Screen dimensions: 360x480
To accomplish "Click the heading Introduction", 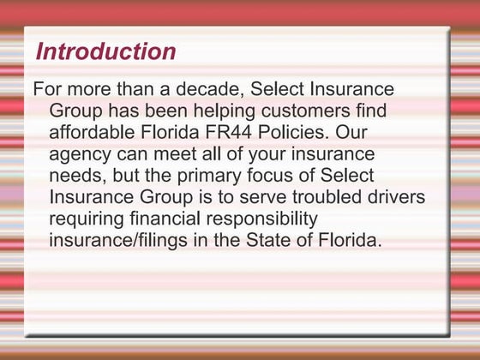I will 105,51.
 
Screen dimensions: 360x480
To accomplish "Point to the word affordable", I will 92,134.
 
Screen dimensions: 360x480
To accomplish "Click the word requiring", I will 87,219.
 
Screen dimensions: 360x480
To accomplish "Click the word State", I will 261,240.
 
